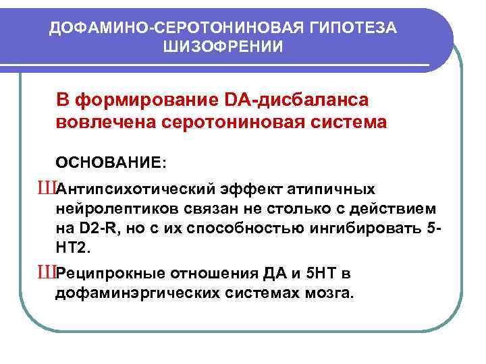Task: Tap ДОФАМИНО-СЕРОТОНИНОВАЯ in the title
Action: coord(166,27)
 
